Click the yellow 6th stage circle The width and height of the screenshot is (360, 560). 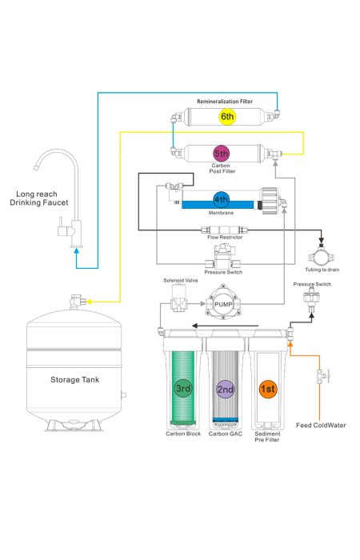click(226, 117)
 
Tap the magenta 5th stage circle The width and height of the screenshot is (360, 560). click(222, 154)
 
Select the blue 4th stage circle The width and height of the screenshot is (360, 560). click(221, 200)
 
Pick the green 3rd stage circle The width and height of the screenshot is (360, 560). click(183, 388)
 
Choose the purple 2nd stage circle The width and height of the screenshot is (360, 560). click(226, 389)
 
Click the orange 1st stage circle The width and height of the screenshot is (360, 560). click(268, 389)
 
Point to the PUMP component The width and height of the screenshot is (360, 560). click(223, 304)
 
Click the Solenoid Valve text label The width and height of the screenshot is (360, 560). click(181, 280)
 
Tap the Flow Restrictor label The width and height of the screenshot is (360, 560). click(225, 237)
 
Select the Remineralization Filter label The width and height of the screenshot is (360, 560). click(225, 102)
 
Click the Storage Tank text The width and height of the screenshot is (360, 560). click(74, 380)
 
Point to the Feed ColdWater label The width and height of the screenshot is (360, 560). click(321, 425)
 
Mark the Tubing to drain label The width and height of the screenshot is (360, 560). click(322, 270)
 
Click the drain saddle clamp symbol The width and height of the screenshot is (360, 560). click(322, 255)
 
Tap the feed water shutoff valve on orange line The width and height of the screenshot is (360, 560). click(322, 376)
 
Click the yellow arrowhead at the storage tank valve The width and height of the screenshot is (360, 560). click(90, 302)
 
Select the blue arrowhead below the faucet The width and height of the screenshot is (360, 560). click(76, 250)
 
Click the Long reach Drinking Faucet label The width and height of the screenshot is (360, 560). click(38, 198)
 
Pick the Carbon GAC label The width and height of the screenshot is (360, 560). click(226, 434)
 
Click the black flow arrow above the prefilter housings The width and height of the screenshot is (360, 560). click(225, 326)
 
